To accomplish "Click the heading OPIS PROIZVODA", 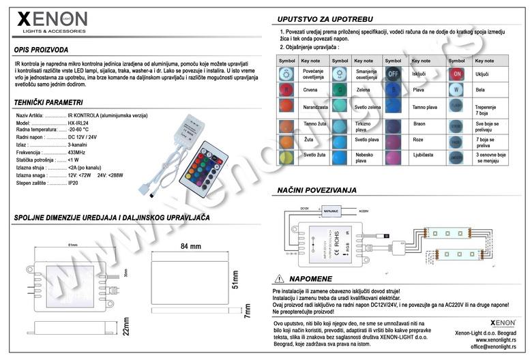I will pos(41,50).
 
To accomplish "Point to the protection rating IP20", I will pos(74,183).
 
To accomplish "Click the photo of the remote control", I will pos(207,164).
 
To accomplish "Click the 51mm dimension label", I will pos(235,280).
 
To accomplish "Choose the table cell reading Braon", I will pos(419,123).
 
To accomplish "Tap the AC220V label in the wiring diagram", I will pos(363,212).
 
